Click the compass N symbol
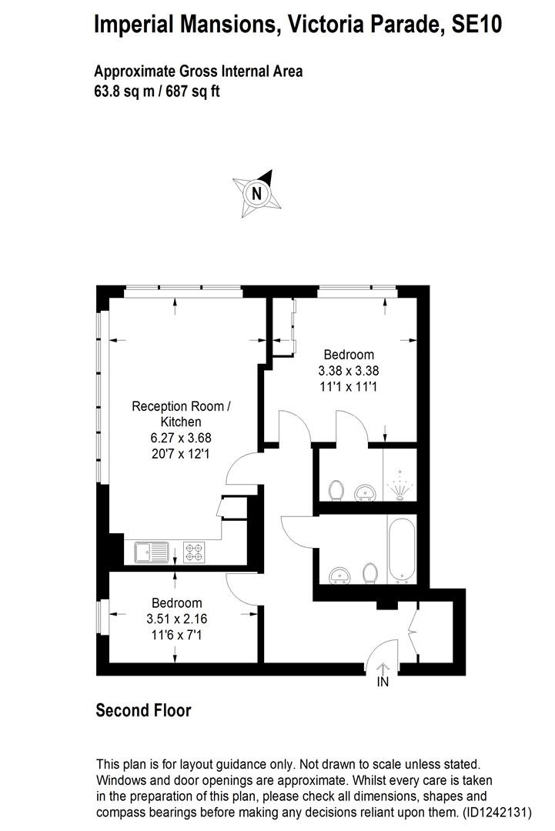pyautogui.click(x=257, y=193)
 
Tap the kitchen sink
pyautogui.click(x=152, y=552)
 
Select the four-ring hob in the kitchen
pyautogui.click(x=194, y=552)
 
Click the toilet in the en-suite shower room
pyautogui.click(x=335, y=489)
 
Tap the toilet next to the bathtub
pyautogui.click(x=370, y=572)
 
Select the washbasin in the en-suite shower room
pyautogui.click(x=363, y=491)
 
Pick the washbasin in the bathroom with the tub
pyautogui.click(x=339, y=575)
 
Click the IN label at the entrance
pyautogui.click(x=383, y=682)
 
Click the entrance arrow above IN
pyautogui.click(x=383, y=668)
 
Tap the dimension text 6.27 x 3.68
pyautogui.click(x=181, y=437)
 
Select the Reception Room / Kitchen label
pyautogui.click(x=181, y=414)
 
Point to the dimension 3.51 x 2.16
pyautogui.click(x=177, y=619)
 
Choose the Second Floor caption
pyautogui.click(x=143, y=710)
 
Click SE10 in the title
pyautogui.click(x=476, y=25)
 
